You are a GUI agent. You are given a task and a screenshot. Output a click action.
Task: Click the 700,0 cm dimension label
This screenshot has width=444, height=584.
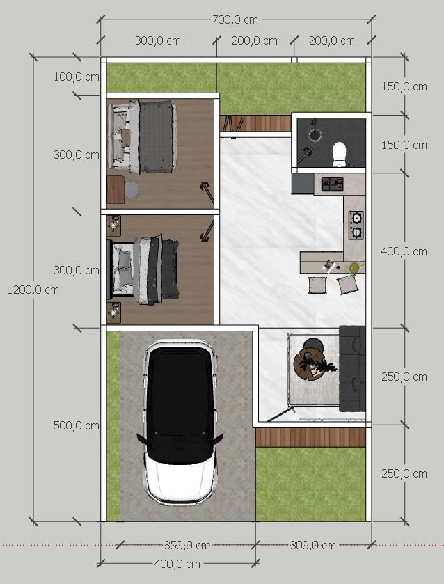[x=235, y=19]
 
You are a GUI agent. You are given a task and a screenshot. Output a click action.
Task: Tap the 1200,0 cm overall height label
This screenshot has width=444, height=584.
[x=33, y=290]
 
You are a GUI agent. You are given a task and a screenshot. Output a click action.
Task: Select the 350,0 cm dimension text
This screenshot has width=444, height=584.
[x=187, y=545]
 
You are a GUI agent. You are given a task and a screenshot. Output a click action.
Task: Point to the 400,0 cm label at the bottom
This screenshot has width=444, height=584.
[x=177, y=564]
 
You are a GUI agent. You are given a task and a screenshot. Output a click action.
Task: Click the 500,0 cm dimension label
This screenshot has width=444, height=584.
[x=77, y=425]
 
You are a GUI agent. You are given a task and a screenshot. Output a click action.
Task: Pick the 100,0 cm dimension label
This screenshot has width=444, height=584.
[x=77, y=77]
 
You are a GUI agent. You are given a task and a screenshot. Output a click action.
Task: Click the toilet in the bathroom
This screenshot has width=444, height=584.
[x=340, y=154]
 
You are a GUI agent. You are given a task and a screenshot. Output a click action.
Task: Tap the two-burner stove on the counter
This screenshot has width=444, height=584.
[x=356, y=225]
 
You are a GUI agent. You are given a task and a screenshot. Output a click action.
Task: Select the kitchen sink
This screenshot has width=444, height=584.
[x=332, y=184]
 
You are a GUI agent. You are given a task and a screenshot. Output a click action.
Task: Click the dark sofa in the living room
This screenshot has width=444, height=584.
[x=352, y=368]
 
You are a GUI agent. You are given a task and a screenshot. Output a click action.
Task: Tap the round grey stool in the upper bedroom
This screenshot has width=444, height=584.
[x=132, y=189]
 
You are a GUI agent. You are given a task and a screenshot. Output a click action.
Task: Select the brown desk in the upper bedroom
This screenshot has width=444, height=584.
[x=116, y=189]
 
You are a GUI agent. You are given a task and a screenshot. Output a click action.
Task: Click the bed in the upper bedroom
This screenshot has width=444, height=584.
[x=142, y=136]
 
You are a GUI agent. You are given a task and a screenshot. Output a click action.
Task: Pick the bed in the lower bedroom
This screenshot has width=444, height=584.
[x=143, y=269]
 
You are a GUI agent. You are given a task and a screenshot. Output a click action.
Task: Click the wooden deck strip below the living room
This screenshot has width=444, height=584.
[x=310, y=437]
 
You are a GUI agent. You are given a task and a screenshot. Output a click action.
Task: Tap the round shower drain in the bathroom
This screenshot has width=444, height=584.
[x=315, y=135]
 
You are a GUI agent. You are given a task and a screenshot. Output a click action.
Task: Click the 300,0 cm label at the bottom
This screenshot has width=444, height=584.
[x=313, y=545]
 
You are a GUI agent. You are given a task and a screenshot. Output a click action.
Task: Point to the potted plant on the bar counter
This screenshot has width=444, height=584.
[x=354, y=267]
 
